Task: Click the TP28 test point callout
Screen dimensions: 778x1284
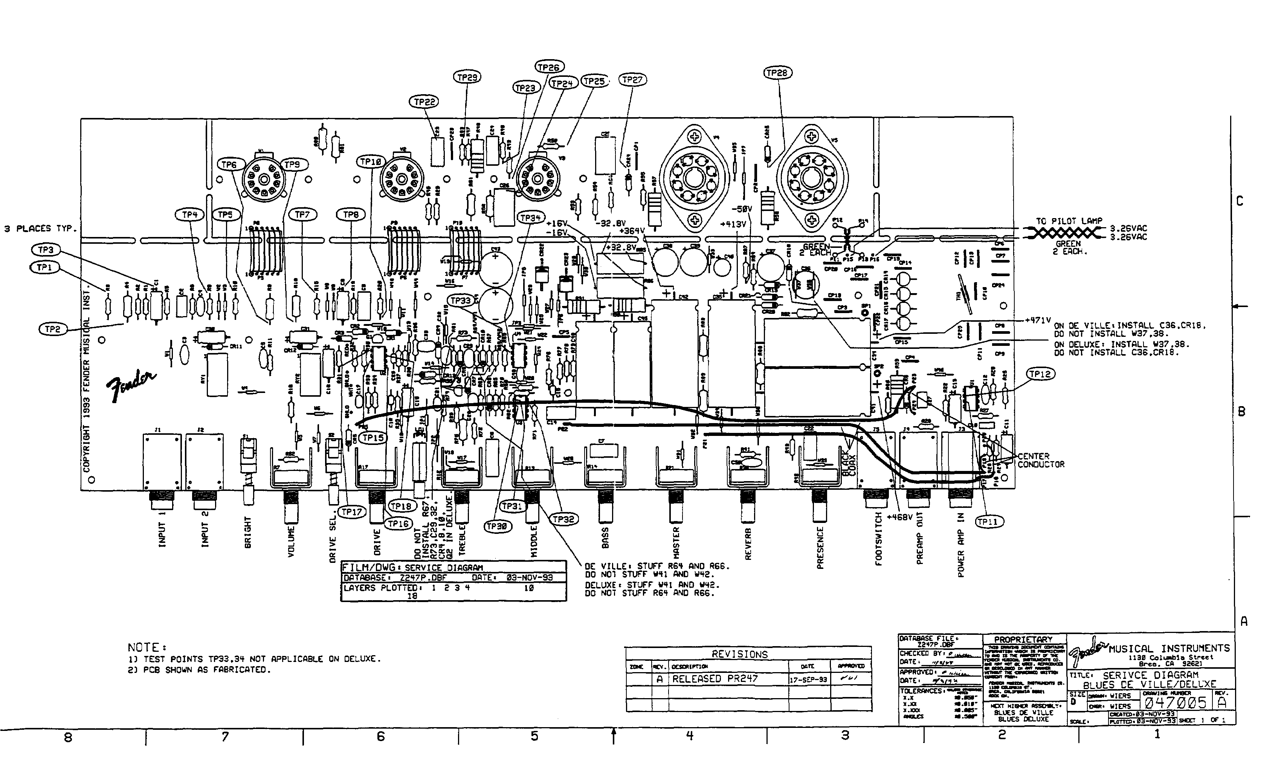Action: [x=777, y=73]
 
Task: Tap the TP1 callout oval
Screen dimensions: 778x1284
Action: [x=44, y=267]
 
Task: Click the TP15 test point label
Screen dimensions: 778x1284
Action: [x=373, y=438]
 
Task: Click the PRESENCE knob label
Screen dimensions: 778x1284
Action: [x=820, y=547]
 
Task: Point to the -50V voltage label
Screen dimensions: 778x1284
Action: [x=742, y=209]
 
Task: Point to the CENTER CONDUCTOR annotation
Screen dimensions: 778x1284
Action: [x=1041, y=460]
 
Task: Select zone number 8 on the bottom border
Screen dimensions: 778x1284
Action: [x=68, y=737]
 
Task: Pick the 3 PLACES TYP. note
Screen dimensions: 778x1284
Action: [x=41, y=228]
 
